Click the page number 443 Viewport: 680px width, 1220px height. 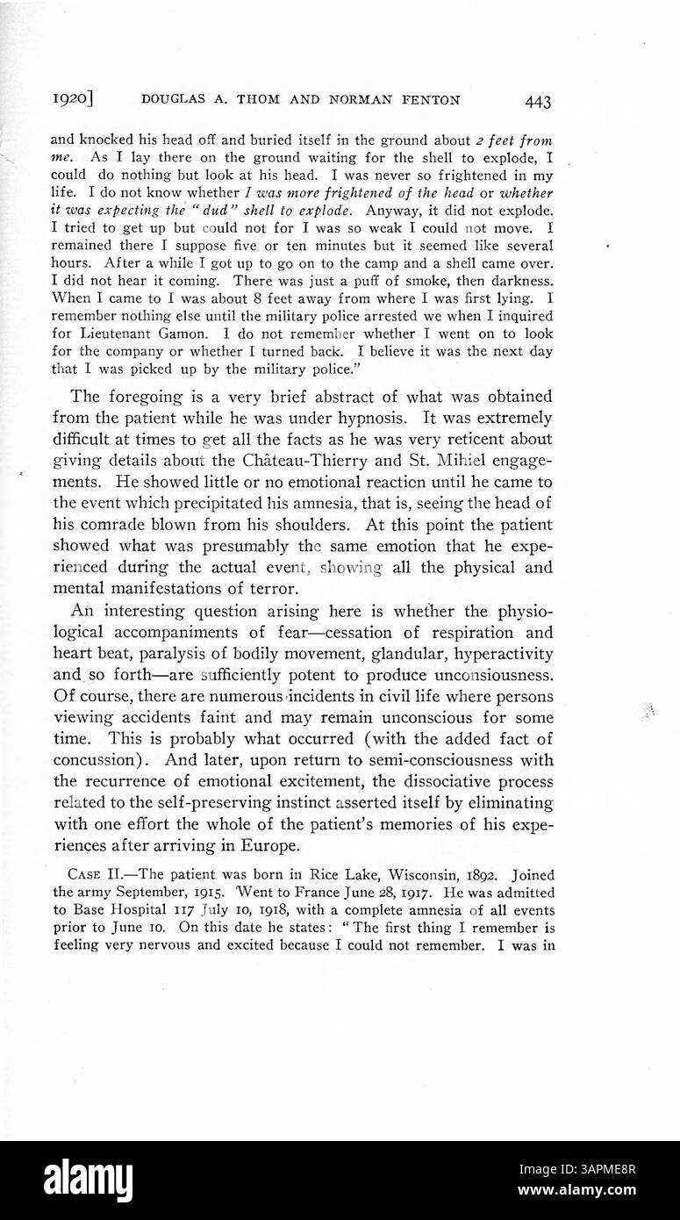537,102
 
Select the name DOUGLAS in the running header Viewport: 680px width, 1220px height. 175,101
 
